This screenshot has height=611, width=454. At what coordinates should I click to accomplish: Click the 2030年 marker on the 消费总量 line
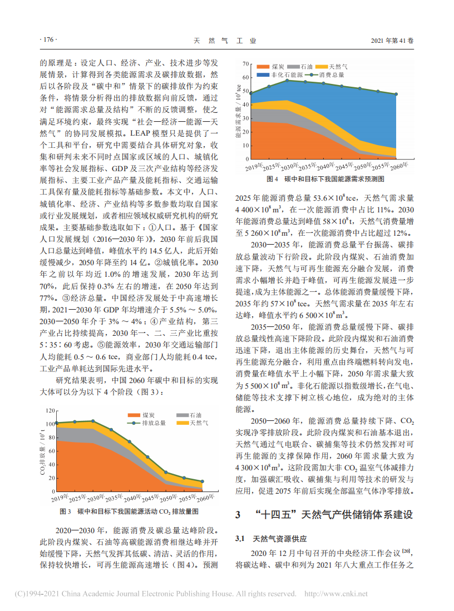coord(287,81)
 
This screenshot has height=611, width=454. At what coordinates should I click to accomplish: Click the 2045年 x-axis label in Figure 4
coord(344,165)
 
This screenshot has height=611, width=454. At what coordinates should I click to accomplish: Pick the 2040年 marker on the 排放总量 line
coord(129,442)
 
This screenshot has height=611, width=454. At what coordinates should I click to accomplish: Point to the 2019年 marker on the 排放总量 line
coord(57,423)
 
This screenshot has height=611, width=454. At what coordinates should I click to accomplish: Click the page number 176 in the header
coord(49,41)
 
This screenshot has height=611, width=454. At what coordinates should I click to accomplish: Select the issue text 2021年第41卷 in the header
coord(392,41)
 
